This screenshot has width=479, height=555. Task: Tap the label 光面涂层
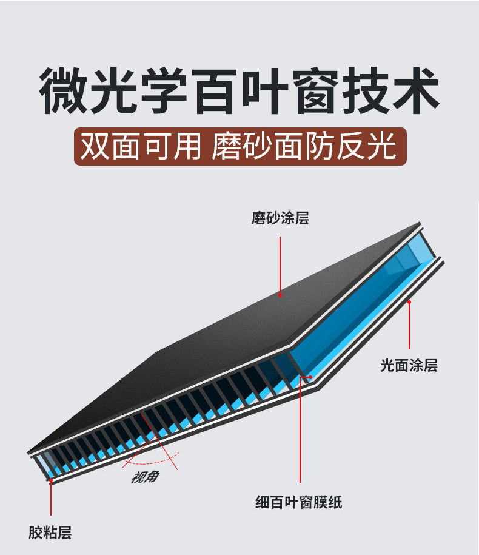409,366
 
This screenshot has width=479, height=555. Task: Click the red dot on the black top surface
280,295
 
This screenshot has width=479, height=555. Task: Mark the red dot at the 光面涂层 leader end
410,301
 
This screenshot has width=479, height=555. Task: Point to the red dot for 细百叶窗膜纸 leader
310,377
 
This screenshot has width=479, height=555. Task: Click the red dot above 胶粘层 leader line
51,481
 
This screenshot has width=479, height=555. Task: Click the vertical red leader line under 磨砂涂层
280,264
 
